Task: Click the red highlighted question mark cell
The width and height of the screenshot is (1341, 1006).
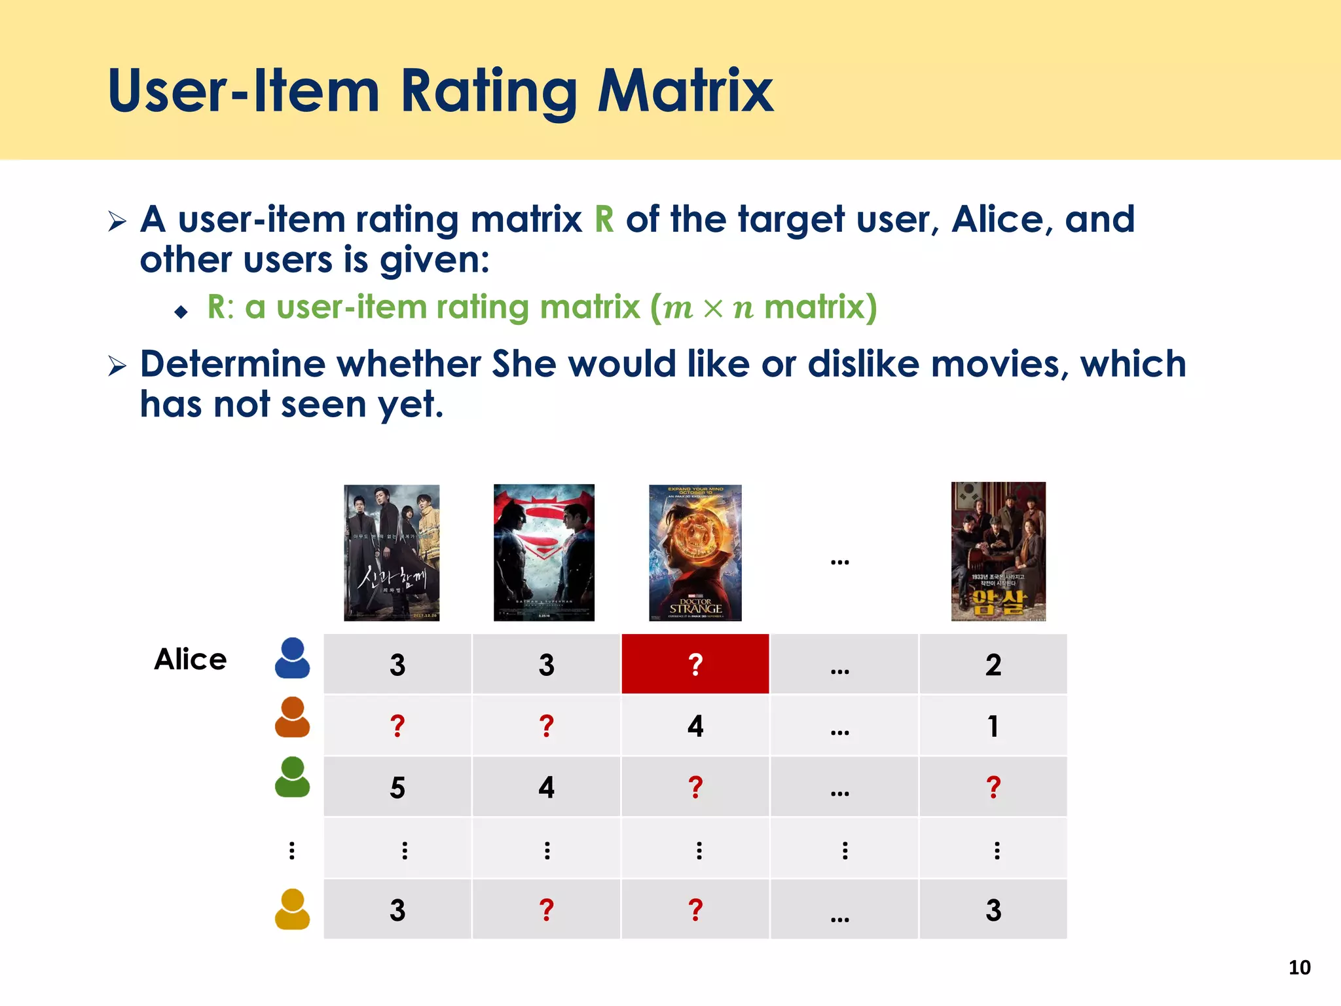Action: pos(695,663)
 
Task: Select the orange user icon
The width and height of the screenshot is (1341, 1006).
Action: pos(292,717)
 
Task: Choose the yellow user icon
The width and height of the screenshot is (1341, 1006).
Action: pos(292,909)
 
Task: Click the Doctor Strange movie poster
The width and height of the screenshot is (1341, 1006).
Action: pos(695,553)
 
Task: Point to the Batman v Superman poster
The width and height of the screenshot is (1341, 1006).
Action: pos(543,553)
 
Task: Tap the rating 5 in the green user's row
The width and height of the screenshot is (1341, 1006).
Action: pos(397,787)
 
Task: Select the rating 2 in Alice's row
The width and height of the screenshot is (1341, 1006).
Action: pos(993,665)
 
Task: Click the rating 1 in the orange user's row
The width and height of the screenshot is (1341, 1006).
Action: pos(993,726)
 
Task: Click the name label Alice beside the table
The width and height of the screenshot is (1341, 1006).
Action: pos(191,659)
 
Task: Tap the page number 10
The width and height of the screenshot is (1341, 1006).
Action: pos(1299,967)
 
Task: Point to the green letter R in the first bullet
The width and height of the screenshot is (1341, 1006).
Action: pos(604,219)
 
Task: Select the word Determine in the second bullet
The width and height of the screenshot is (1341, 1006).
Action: pos(232,364)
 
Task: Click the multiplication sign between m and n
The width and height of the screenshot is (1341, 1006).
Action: pos(713,308)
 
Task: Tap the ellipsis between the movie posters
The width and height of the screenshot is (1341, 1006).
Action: pos(839,561)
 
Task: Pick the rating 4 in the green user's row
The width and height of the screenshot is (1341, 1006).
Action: pos(546,787)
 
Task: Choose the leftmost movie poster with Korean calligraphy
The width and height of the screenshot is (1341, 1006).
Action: pos(392,553)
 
